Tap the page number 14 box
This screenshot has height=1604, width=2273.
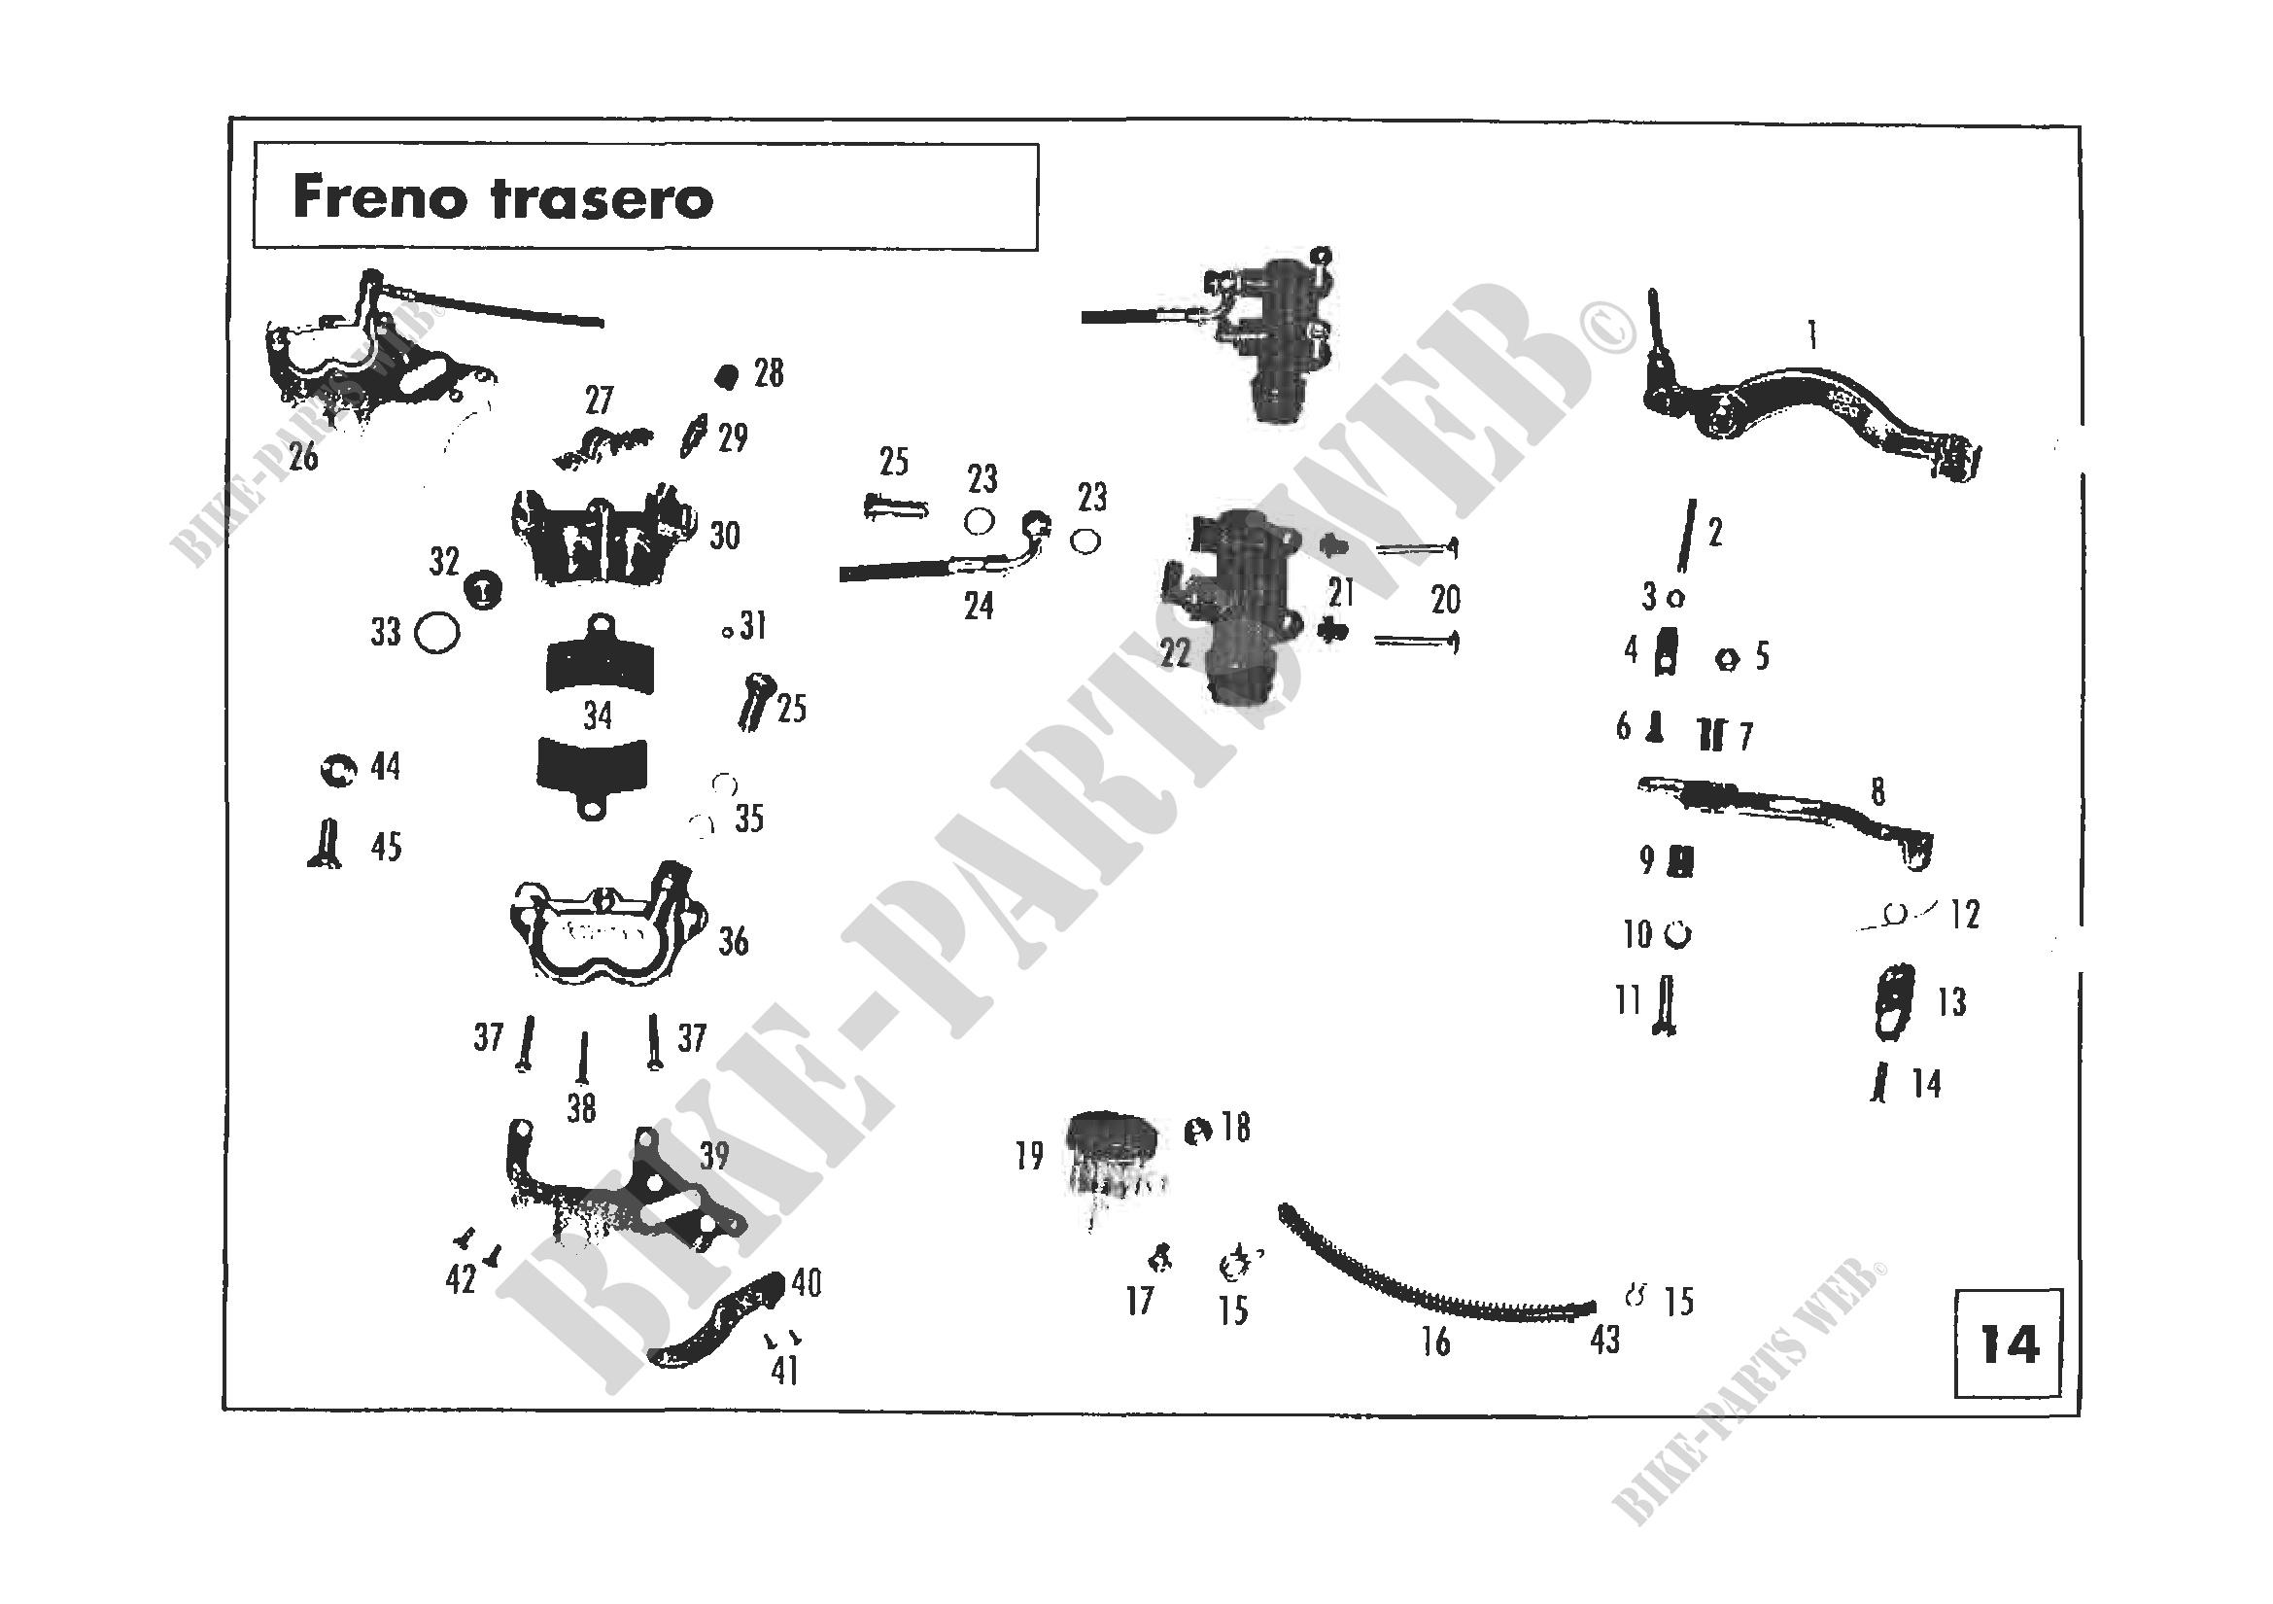pos(2009,1343)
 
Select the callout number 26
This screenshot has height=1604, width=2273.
pos(303,457)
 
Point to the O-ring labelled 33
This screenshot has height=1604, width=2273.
pos(436,634)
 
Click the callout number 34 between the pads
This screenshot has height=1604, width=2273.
pos(597,715)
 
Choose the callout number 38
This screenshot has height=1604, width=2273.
pos(581,1108)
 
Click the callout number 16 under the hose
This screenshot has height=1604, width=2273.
pos(1435,1342)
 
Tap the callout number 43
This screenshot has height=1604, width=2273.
pos(1604,1340)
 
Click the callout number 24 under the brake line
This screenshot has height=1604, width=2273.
pos(979,606)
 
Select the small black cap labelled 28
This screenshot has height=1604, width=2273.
pos(727,377)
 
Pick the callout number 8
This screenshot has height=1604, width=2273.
pos(1878,791)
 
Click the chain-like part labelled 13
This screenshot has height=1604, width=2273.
pos(1894,1002)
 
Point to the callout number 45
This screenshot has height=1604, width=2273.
pos(386,847)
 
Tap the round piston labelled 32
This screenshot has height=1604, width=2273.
pos(483,591)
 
